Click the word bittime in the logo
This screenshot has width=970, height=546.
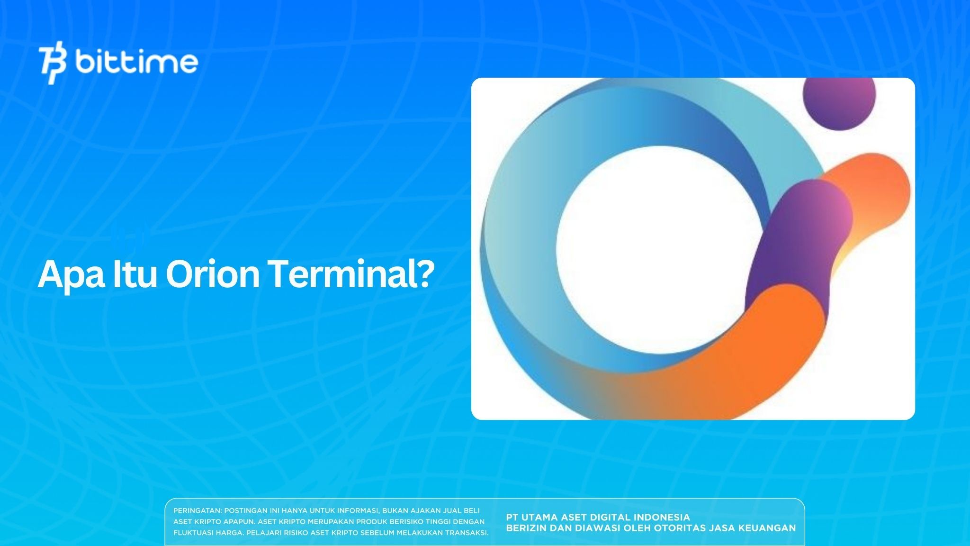136,62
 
